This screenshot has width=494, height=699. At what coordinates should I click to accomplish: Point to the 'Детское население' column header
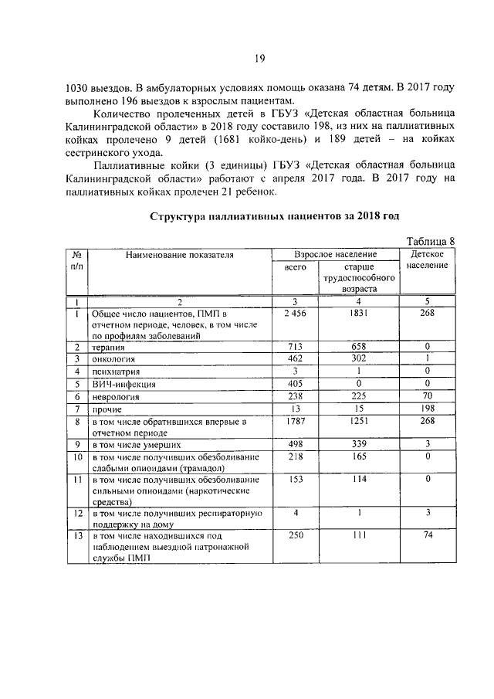[x=427, y=260]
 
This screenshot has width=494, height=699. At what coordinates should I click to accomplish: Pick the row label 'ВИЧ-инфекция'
[x=123, y=384]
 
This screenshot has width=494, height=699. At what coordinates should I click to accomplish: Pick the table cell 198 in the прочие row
[x=427, y=408]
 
